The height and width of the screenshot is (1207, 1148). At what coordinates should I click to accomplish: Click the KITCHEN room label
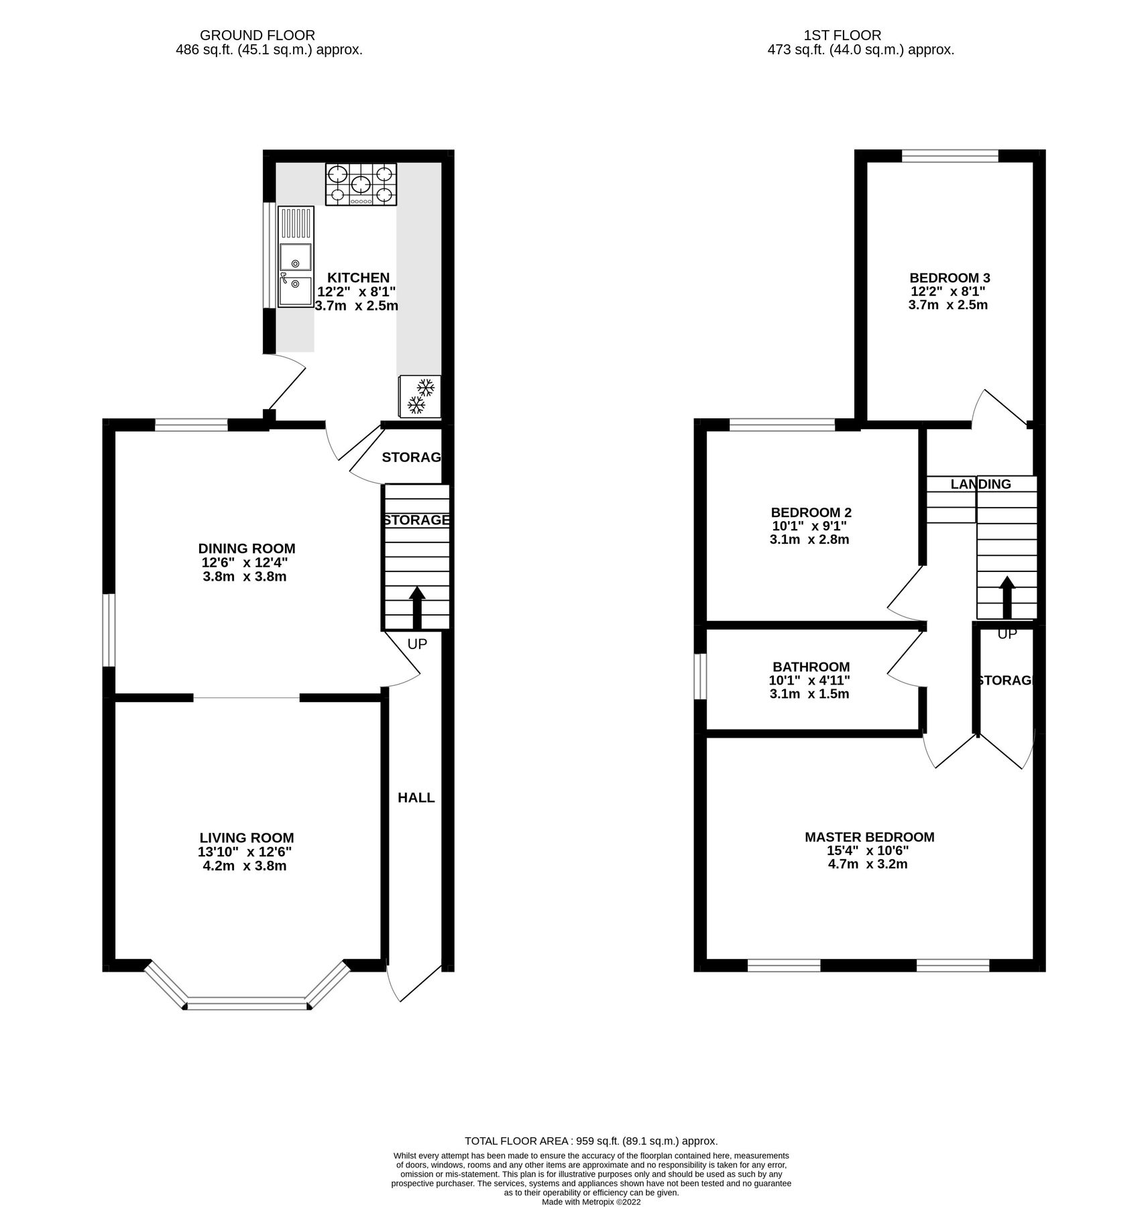pos(357,278)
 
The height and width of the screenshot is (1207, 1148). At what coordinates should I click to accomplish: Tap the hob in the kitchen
pos(360,184)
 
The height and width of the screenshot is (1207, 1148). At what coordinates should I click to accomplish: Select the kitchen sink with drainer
pos(296,256)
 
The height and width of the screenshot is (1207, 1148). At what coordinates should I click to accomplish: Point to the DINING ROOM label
pos(246,549)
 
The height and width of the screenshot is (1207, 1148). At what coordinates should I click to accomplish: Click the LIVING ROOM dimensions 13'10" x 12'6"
pos(244,852)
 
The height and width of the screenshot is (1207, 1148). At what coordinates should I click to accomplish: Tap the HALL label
pos(416,797)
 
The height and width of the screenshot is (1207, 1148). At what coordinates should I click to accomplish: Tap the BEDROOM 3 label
pos(949,278)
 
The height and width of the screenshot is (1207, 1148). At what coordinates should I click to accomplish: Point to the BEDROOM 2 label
pos(811,512)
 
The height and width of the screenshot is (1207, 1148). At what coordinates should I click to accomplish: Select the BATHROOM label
pos(811,667)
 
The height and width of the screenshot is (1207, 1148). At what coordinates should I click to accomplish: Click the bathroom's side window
pos(700,676)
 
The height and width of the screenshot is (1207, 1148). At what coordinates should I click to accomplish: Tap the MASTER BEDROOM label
pos(869,837)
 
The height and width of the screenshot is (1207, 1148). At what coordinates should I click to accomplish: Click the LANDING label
pos(980,483)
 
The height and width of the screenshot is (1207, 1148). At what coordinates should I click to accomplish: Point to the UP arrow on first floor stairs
pos(1006,597)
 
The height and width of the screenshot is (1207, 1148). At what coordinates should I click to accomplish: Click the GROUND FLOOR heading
pos(257,35)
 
